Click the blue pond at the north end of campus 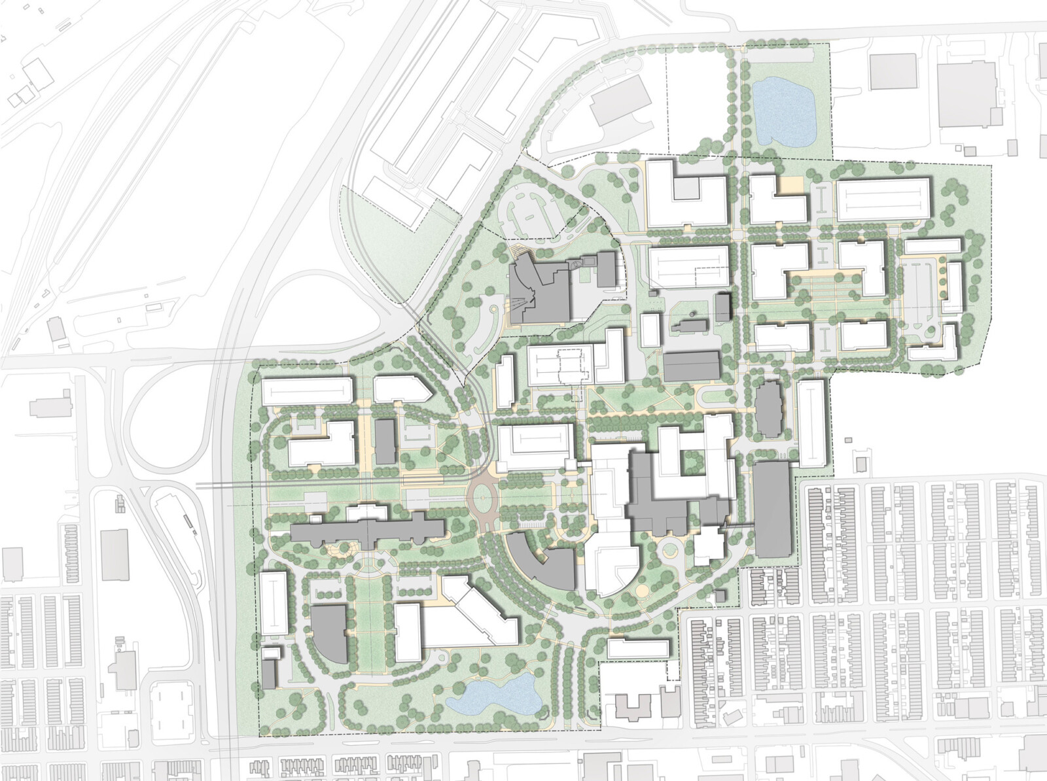[x=782, y=113]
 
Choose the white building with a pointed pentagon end [x=400, y=389]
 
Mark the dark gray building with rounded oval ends [x=769, y=409]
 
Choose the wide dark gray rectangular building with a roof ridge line [x=691, y=366]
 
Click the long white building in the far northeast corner [x=884, y=200]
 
